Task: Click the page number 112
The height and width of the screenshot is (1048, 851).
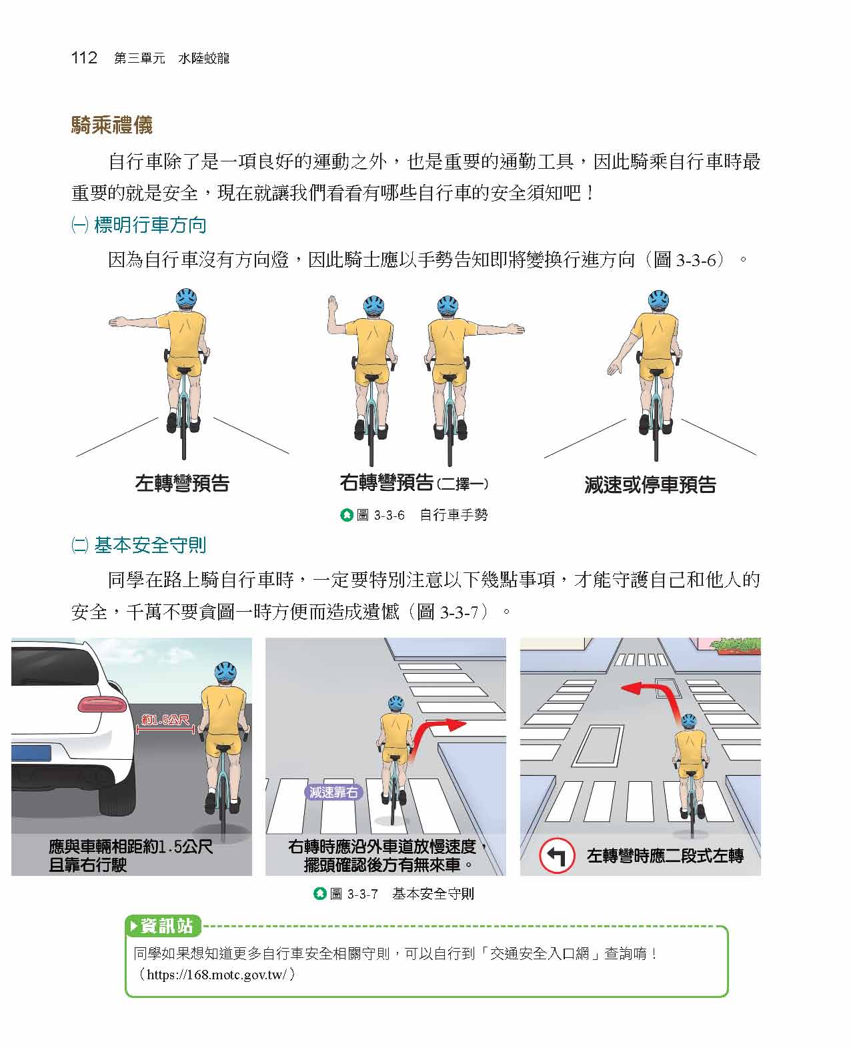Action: (84, 58)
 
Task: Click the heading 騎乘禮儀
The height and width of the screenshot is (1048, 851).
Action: (112, 125)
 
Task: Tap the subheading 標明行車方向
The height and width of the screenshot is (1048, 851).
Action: (150, 225)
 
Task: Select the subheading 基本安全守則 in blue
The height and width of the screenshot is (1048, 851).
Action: (150, 545)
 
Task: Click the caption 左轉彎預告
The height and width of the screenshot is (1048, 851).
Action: (182, 483)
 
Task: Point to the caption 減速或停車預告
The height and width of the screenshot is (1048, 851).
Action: (650, 484)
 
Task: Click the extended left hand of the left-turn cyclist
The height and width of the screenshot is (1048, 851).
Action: (117, 322)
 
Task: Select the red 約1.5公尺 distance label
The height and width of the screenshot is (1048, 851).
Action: (165, 720)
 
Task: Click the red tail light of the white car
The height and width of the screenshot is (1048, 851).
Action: (102, 704)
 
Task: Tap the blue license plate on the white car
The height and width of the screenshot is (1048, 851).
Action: (31, 753)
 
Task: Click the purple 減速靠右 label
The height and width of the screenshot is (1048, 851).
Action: (333, 792)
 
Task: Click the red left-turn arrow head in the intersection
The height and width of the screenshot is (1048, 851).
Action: (631, 688)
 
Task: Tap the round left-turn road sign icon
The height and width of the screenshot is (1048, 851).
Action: (557, 856)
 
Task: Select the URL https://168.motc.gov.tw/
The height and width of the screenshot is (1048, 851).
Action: (217, 975)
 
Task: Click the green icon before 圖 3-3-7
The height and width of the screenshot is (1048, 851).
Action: (319, 893)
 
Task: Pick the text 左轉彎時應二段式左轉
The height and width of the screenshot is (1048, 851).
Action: (665, 856)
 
